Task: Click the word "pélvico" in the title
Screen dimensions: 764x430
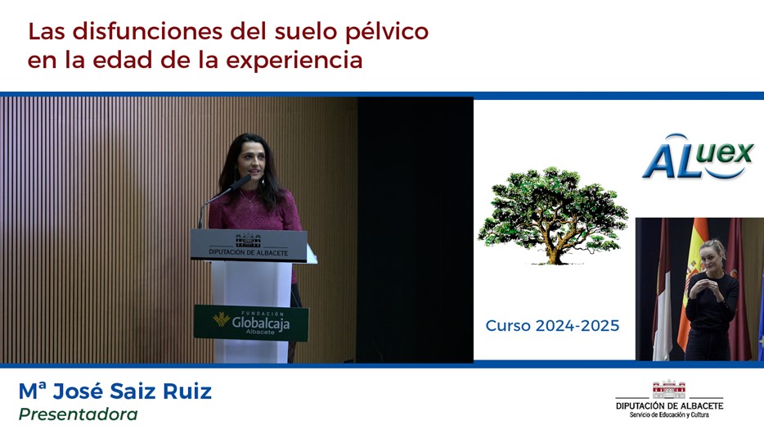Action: click(x=386, y=33)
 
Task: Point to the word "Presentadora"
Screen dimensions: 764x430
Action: click(x=78, y=414)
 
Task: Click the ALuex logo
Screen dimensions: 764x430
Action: click(x=699, y=156)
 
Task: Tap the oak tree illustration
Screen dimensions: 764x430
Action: click(x=552, y=215)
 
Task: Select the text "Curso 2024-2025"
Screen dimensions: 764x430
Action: click(x=552, y=325)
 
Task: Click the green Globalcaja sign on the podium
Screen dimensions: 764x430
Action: click(x=251, y=323)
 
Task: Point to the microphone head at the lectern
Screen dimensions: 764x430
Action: click(x=240, y=182)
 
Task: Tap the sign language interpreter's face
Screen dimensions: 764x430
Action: click(x=710, y=256)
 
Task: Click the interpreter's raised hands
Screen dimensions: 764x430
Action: click(x=702, y=288)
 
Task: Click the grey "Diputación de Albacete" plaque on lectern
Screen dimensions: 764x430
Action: click(x=249, y=245)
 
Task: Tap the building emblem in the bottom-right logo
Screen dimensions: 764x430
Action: click(x=668, y=390)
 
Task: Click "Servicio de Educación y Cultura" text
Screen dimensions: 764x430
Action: click(x=669, y=415)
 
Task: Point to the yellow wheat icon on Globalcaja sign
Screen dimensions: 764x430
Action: click(x=221, y=319)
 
